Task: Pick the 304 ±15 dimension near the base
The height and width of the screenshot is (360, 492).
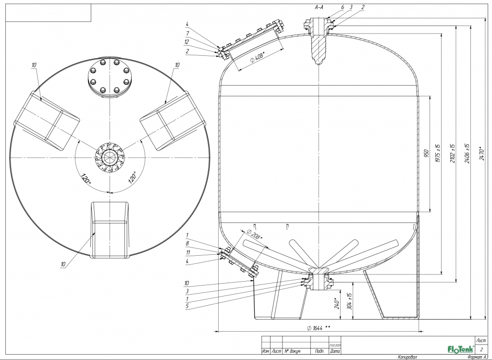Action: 350,300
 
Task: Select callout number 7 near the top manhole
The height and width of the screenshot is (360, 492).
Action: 188,33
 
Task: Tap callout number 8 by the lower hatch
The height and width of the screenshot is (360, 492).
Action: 188,244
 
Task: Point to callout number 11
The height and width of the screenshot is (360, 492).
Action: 188,252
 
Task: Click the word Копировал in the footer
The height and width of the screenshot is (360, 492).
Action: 408,357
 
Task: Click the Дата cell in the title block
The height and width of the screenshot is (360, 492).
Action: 335,351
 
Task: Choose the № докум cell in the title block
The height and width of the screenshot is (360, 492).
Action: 293,351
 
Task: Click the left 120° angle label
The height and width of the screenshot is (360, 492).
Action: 86,181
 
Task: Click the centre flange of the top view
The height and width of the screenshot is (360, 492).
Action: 110,157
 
